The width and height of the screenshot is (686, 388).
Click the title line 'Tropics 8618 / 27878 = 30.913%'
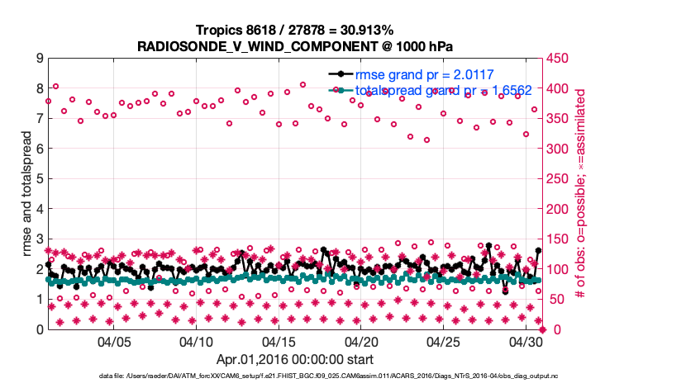(x=294, y=30)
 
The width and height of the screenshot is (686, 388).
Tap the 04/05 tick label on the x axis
(x=115, y=341)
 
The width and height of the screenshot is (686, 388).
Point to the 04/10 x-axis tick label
(x=197, y=341)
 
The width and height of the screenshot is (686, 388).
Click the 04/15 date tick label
(x=279, y=341)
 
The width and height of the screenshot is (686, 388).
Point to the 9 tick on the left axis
(x=40, y=59)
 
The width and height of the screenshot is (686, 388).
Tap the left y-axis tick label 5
(x=40, y=179)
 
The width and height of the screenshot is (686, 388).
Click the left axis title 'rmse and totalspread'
(x=24, y=194)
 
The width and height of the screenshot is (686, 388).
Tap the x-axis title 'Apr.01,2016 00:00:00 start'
(x=294, y=360)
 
